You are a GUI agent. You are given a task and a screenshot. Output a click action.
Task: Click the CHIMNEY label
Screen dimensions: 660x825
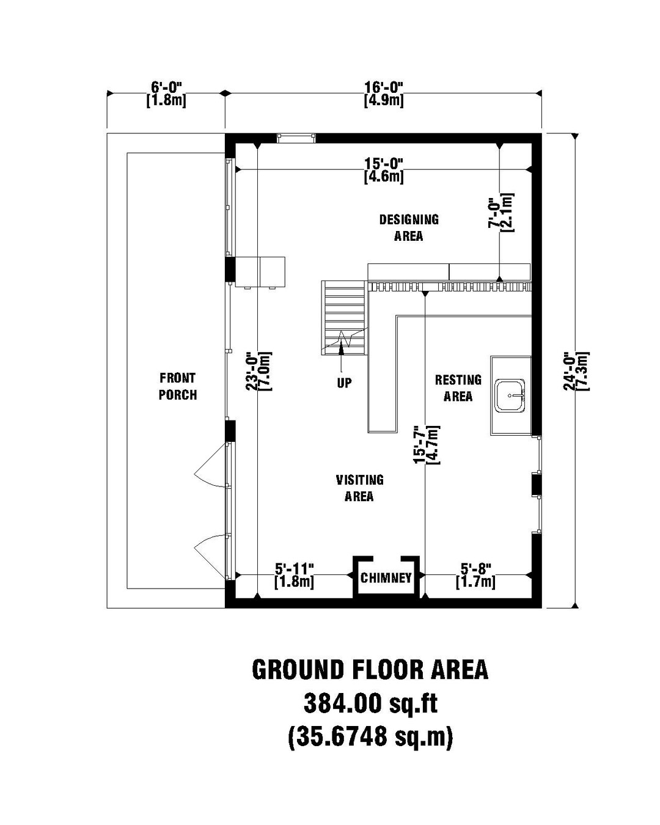pos(386,577)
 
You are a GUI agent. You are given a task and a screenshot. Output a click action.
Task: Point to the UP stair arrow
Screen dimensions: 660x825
pos(341,351)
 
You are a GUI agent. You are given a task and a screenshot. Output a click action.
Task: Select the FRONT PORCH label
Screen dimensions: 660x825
pos(178,386)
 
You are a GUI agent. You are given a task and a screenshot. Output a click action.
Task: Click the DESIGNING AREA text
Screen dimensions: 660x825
pos(409,228)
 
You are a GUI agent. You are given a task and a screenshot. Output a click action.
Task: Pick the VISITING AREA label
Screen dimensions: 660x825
pos(359,488)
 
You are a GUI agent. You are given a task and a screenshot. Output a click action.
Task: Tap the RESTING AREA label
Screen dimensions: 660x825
pos(458,388)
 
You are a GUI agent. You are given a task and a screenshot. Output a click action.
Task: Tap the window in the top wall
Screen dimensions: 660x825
pos(296,138)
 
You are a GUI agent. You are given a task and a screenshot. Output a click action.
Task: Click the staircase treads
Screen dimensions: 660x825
pos(343,318)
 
